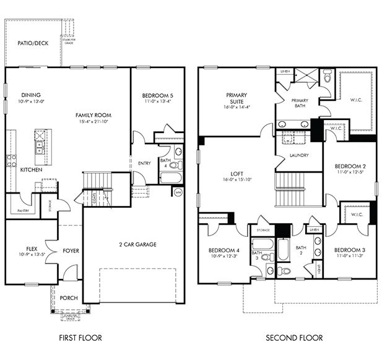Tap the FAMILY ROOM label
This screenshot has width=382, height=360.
[93, 115]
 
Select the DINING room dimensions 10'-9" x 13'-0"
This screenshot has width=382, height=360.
[31, 101]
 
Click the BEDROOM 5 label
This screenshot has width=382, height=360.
[157, 95]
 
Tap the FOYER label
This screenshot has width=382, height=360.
[71, 251]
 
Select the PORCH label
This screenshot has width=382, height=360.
[69, 298]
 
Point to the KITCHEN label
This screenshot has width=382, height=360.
[32, 169]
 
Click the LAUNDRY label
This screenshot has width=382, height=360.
[299, 155]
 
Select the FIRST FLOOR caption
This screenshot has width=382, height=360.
[80, 338]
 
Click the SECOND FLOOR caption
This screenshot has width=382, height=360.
[293, 338]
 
